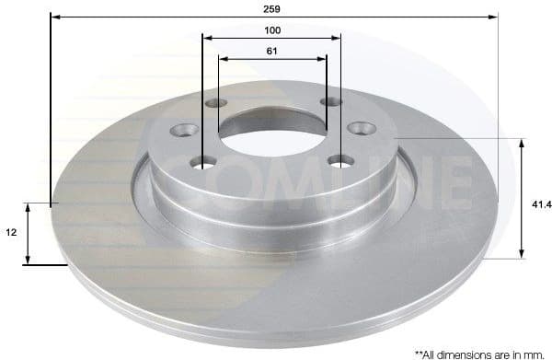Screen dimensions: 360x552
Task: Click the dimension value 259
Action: click(270, 8)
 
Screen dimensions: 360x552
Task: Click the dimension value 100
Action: click(270, 29)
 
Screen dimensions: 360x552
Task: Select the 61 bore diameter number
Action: click(271, 51)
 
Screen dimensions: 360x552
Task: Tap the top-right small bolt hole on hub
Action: click(329, 102)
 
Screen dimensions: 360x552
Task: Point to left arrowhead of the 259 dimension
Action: click(54, 17)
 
